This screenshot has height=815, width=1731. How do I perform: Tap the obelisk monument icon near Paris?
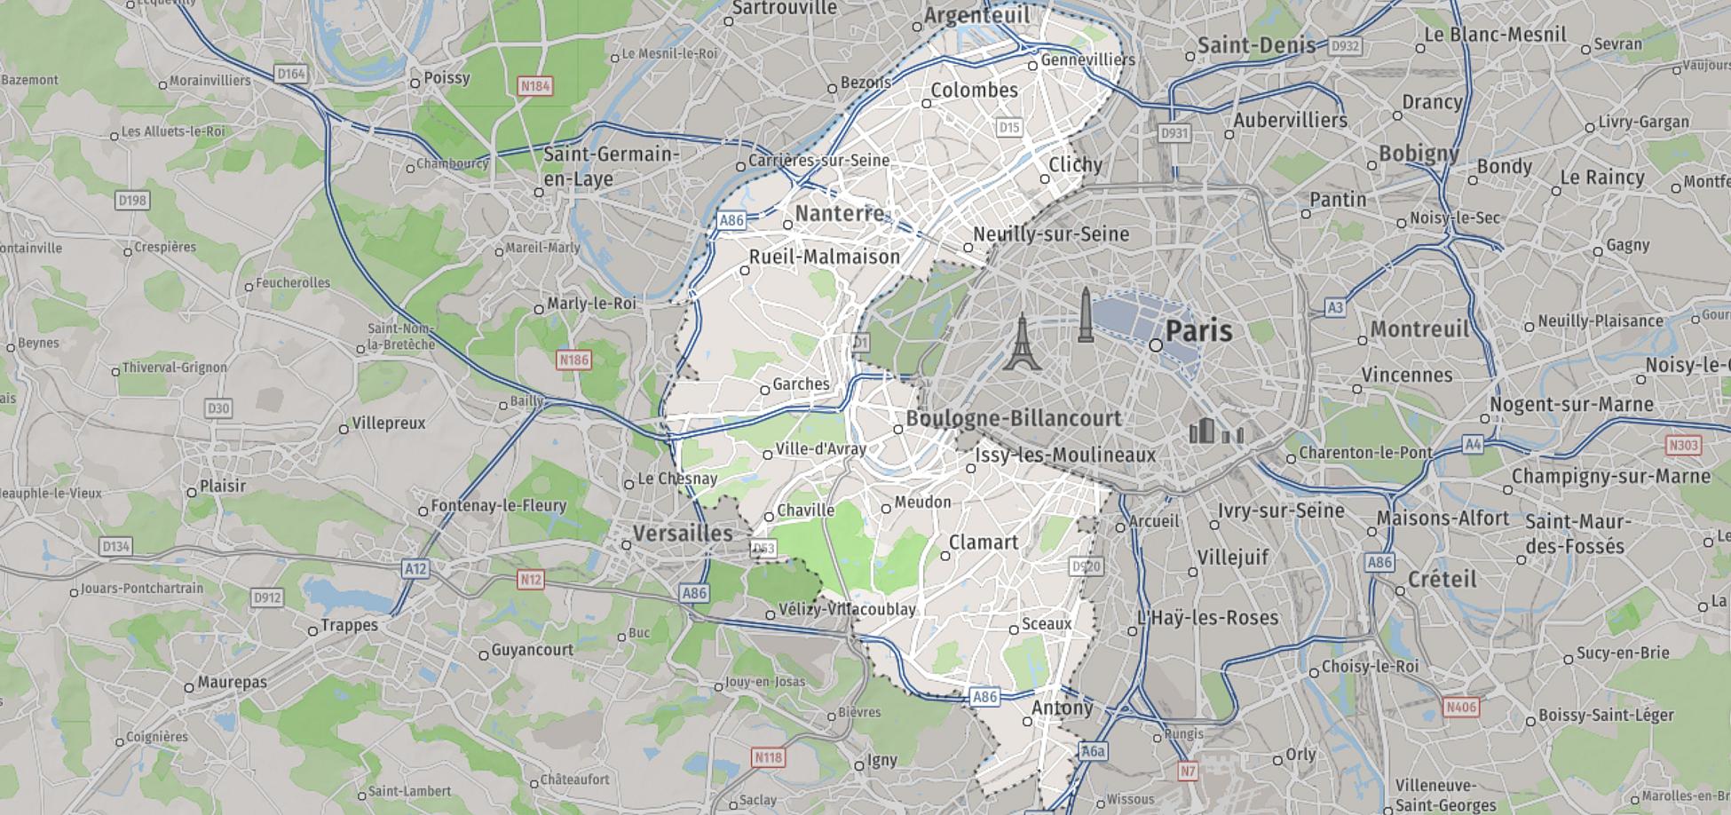[1085, 315]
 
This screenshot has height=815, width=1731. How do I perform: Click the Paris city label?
[1197, 331]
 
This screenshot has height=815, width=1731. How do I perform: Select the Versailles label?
[683, 534]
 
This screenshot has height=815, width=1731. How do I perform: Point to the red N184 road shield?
[535, 86]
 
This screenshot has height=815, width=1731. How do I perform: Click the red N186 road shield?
[573, 360]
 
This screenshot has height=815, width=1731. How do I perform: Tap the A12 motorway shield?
[415, 568]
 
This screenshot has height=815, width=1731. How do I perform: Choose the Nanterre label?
[840, 214]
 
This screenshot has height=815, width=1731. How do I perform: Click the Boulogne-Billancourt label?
[1013, 418]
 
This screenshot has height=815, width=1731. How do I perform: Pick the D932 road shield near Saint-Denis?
[1345, 46]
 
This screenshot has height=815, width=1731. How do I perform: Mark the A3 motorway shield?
[1335, 308]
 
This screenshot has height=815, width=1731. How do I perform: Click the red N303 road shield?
[1683, 445]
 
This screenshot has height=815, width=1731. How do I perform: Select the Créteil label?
[1442, 580]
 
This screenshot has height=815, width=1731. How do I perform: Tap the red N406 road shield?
[1460, 707]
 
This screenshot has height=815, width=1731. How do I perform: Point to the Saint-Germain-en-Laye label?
[611, 166]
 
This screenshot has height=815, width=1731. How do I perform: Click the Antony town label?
[1062, 708]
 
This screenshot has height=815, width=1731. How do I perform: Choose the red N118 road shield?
[768, 757]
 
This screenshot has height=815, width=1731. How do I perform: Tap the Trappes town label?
[349, 625]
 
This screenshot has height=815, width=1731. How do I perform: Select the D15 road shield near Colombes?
[1008, 127]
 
